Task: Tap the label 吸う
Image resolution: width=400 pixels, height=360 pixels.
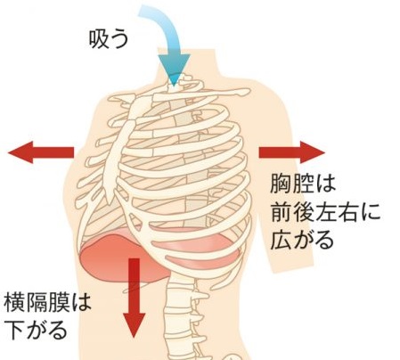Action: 109,39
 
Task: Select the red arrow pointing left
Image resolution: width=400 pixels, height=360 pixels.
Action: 41,152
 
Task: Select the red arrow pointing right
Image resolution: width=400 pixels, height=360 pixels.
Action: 292,152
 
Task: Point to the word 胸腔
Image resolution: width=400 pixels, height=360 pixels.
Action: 292,184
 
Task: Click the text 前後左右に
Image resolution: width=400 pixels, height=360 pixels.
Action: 325,212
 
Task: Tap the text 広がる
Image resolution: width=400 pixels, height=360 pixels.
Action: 302,240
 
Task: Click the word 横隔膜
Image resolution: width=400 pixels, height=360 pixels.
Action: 37,302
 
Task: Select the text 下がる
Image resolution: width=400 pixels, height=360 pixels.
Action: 36,330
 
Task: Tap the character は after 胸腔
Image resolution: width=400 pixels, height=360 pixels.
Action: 325,184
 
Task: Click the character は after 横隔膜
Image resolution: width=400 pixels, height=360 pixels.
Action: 81,302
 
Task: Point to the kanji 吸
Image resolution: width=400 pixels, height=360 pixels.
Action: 98,39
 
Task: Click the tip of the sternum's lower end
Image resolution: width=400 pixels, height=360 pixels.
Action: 110,202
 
